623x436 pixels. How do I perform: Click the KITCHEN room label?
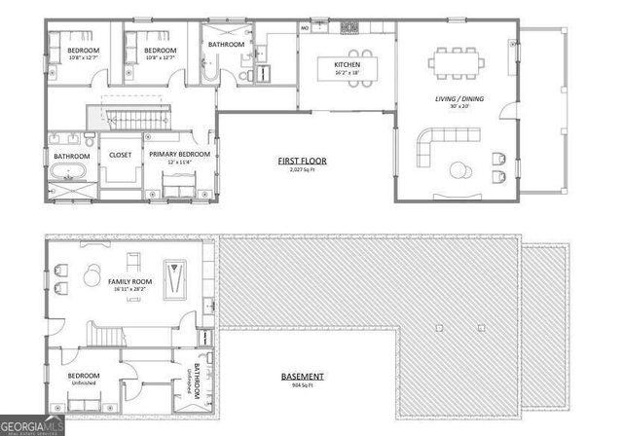347,65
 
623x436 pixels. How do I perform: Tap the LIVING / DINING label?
458,98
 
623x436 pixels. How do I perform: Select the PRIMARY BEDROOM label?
179,154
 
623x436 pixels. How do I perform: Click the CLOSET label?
120,154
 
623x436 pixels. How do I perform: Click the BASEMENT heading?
303,376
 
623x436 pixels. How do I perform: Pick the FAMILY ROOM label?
131,281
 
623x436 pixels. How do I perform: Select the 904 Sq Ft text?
303,385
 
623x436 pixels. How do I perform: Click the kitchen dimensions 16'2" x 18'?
347,73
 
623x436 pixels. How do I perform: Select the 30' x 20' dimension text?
458,106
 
